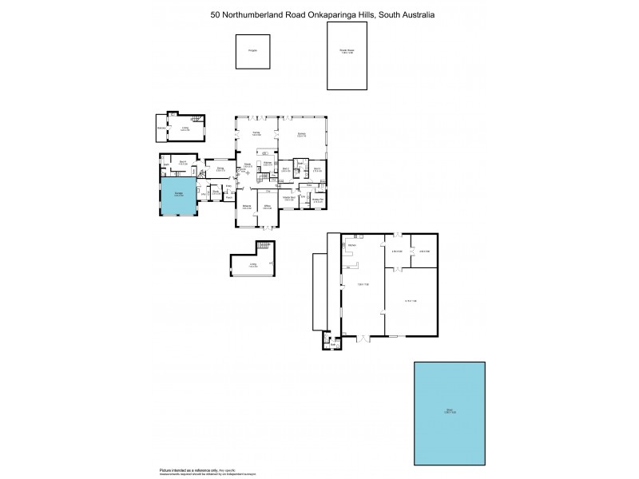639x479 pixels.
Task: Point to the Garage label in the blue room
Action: pos(178,194)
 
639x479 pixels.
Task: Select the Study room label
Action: pos(216,192)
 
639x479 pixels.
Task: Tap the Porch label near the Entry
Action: pos(228,197)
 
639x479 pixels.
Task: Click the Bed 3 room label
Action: pos(316,168)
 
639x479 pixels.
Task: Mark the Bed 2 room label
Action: pos(285,169)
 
